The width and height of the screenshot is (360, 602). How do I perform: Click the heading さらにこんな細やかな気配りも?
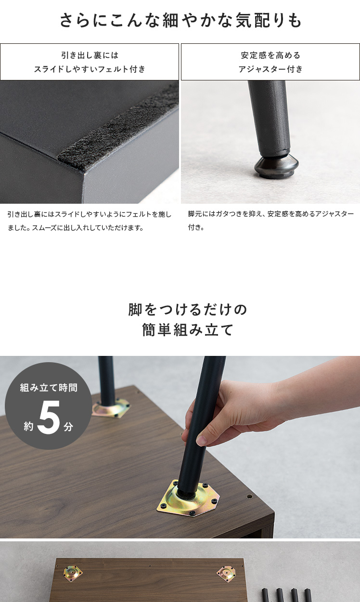click(180, 20)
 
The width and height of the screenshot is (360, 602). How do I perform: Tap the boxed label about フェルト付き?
click(90, 62)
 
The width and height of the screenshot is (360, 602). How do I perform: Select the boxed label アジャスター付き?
click(270, 62)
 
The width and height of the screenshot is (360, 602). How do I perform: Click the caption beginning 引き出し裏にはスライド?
click(89, 221)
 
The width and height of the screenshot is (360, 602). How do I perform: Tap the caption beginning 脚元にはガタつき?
click(271, 221)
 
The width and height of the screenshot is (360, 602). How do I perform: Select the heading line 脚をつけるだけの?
click(188, 310)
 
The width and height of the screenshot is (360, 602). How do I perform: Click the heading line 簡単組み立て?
click(188, 330)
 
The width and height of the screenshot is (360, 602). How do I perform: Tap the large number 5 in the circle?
click(49, 418)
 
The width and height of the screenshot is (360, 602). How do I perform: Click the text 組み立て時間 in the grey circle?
click(49, 388)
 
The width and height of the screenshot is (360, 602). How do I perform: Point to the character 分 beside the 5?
click(68, 427)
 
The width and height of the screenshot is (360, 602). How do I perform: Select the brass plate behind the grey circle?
click(111, 408)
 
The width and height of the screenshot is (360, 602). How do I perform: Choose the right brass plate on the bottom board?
click(226, 573)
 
